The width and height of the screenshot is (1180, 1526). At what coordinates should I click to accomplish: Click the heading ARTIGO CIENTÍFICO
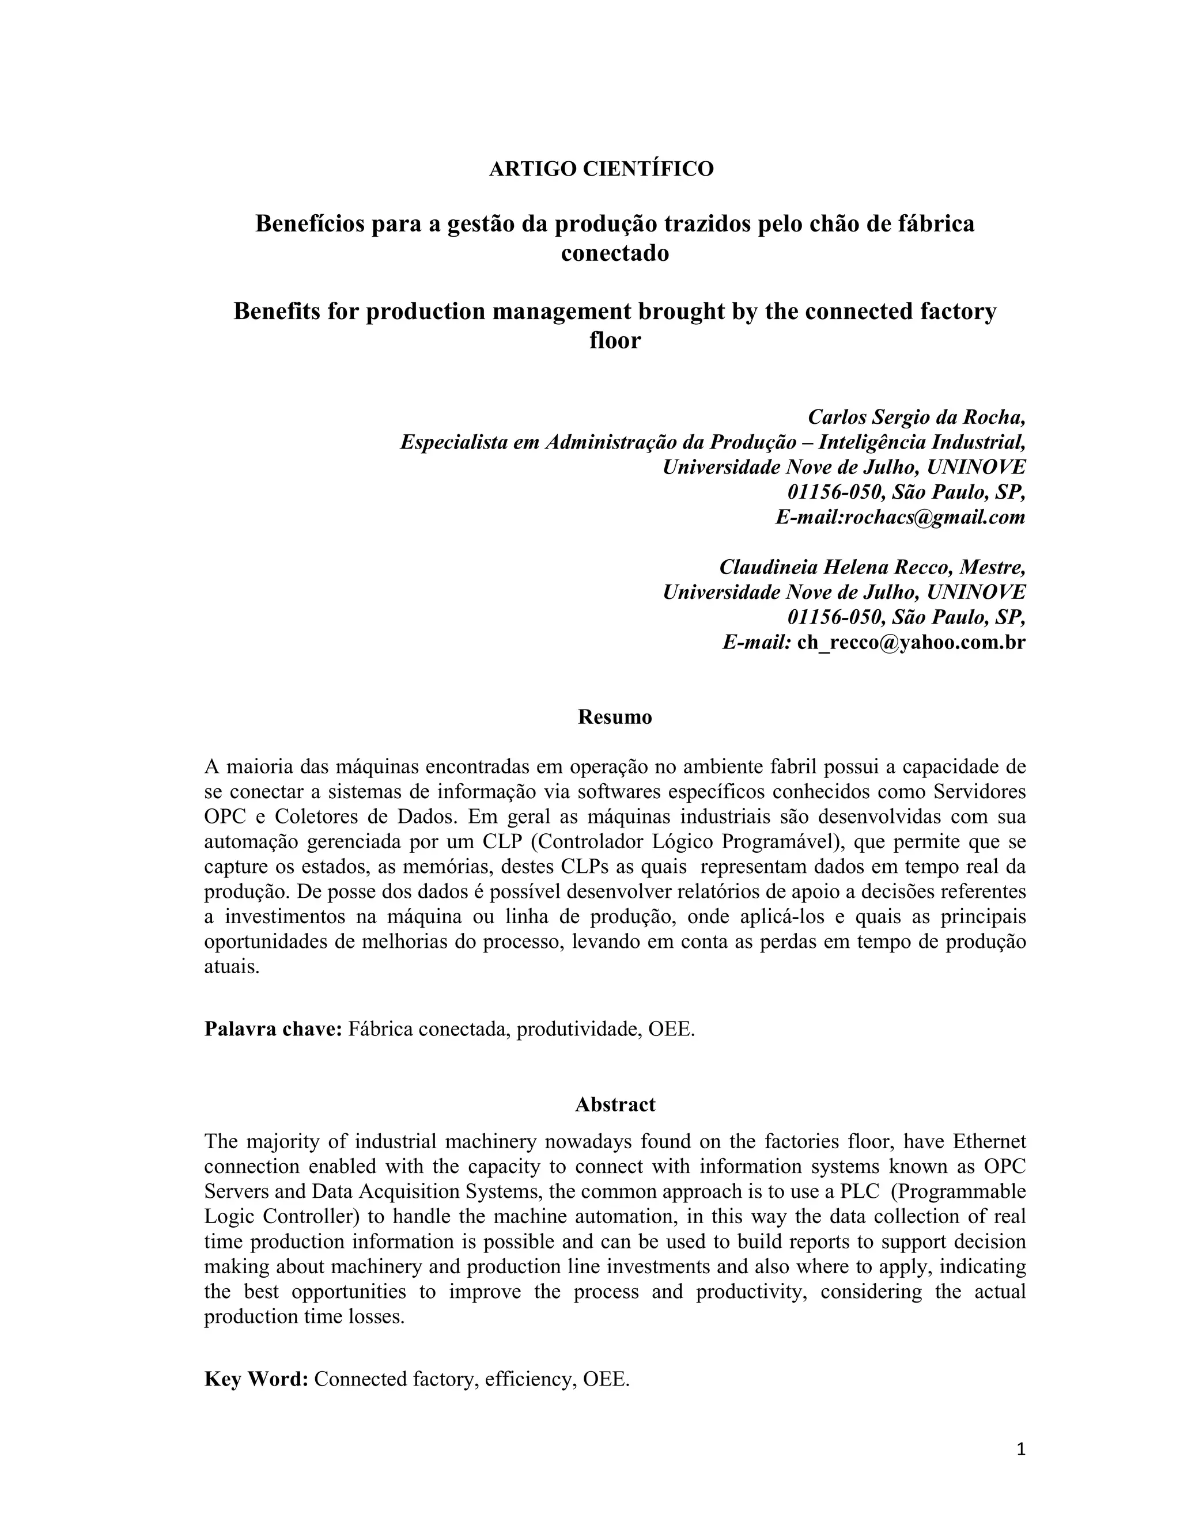click(601, 169)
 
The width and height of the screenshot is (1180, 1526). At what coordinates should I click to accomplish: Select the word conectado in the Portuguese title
click(614, 253)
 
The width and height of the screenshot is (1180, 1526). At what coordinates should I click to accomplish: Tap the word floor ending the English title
click(614, 340)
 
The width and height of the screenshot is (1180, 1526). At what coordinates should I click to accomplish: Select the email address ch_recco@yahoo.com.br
click(911, 642)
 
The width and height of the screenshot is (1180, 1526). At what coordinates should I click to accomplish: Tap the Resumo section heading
click(614, 718)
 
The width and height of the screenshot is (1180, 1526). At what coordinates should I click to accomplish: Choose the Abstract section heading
click(614, 1104)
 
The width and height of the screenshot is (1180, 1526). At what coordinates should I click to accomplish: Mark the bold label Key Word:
click(256, 1379)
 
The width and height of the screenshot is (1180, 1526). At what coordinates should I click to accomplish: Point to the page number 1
click(1020, 1449)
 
